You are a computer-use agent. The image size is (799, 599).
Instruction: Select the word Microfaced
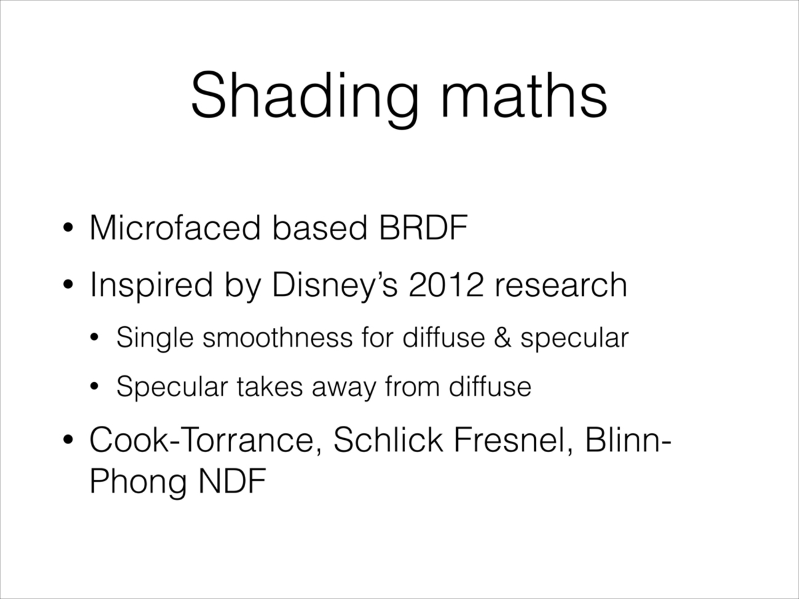tap(175, 228)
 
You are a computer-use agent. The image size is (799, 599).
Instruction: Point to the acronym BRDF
tap(423, 228)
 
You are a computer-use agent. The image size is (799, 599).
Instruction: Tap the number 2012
tap(446, 285)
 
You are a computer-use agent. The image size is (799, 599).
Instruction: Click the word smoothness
tap(277, 338)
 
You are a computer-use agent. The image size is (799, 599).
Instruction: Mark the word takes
tap(270, 387)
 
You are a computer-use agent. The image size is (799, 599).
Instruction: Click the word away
tap(344, 389)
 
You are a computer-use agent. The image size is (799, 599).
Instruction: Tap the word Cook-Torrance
tap(206, 441)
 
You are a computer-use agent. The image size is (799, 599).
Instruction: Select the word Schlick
tap(388, 440)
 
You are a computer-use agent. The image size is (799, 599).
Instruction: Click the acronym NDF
tap(232, 481)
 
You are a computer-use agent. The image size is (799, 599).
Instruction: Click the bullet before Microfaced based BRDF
tap(68, 229)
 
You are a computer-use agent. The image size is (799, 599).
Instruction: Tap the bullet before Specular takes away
tap(94, 387)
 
